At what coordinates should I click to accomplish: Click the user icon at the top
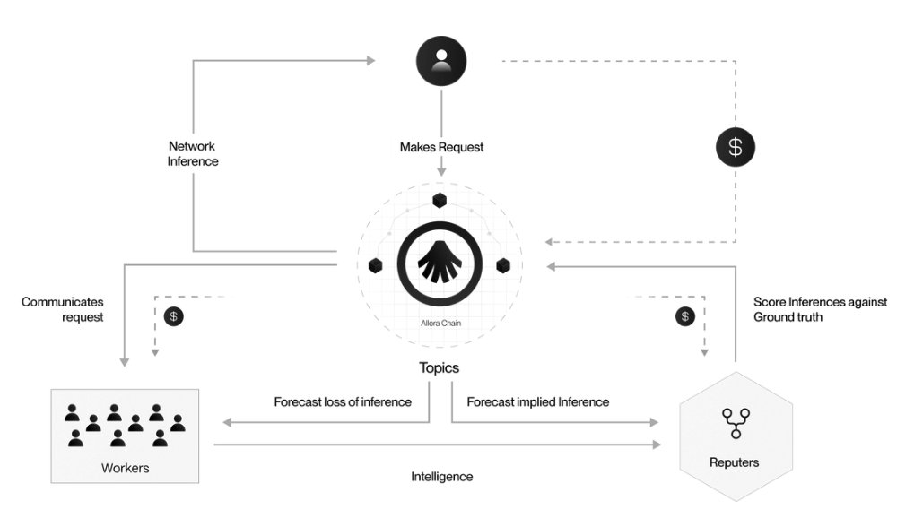point(440,61)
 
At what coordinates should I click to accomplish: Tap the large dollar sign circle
point(736,147)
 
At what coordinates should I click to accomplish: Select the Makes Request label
point(441,147)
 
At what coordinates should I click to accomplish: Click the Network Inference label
point(193,153)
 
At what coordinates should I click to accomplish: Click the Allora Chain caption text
point(440,322)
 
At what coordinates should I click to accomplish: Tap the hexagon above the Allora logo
point(440,200)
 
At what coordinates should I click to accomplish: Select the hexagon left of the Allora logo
point(376,265)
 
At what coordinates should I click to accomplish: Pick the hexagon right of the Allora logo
point(504,265)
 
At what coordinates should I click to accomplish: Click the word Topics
point(440,367)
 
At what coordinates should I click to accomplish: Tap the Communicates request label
point(63,309)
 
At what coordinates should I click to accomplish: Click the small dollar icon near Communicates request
point(174,316)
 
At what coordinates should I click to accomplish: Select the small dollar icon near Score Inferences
point(685,316)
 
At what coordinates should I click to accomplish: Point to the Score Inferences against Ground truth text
point(820,309)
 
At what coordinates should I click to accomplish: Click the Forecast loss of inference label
point(343,402)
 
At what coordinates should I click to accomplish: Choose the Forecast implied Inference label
point(538,402)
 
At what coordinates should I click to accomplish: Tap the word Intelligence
point(441,477)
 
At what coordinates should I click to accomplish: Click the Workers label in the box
point(125,468)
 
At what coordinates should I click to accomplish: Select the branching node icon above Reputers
point(736,422)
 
